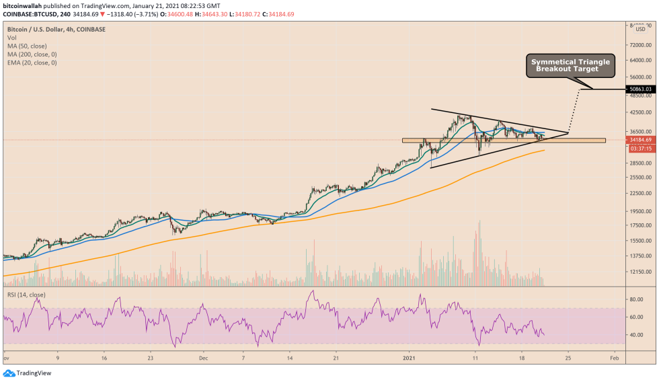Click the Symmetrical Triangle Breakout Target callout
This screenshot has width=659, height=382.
pos(570,65)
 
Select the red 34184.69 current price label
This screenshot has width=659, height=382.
pos(639,140)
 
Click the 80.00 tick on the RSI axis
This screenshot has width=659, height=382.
pos(635,299)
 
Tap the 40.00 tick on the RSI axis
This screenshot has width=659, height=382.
pos(635,335)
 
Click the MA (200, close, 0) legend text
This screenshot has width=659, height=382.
pos(32,54)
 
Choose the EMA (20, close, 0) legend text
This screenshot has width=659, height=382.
pos(32,63)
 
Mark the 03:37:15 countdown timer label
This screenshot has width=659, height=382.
pos(639,148)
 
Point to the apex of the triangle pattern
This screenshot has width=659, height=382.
pos(569,133)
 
